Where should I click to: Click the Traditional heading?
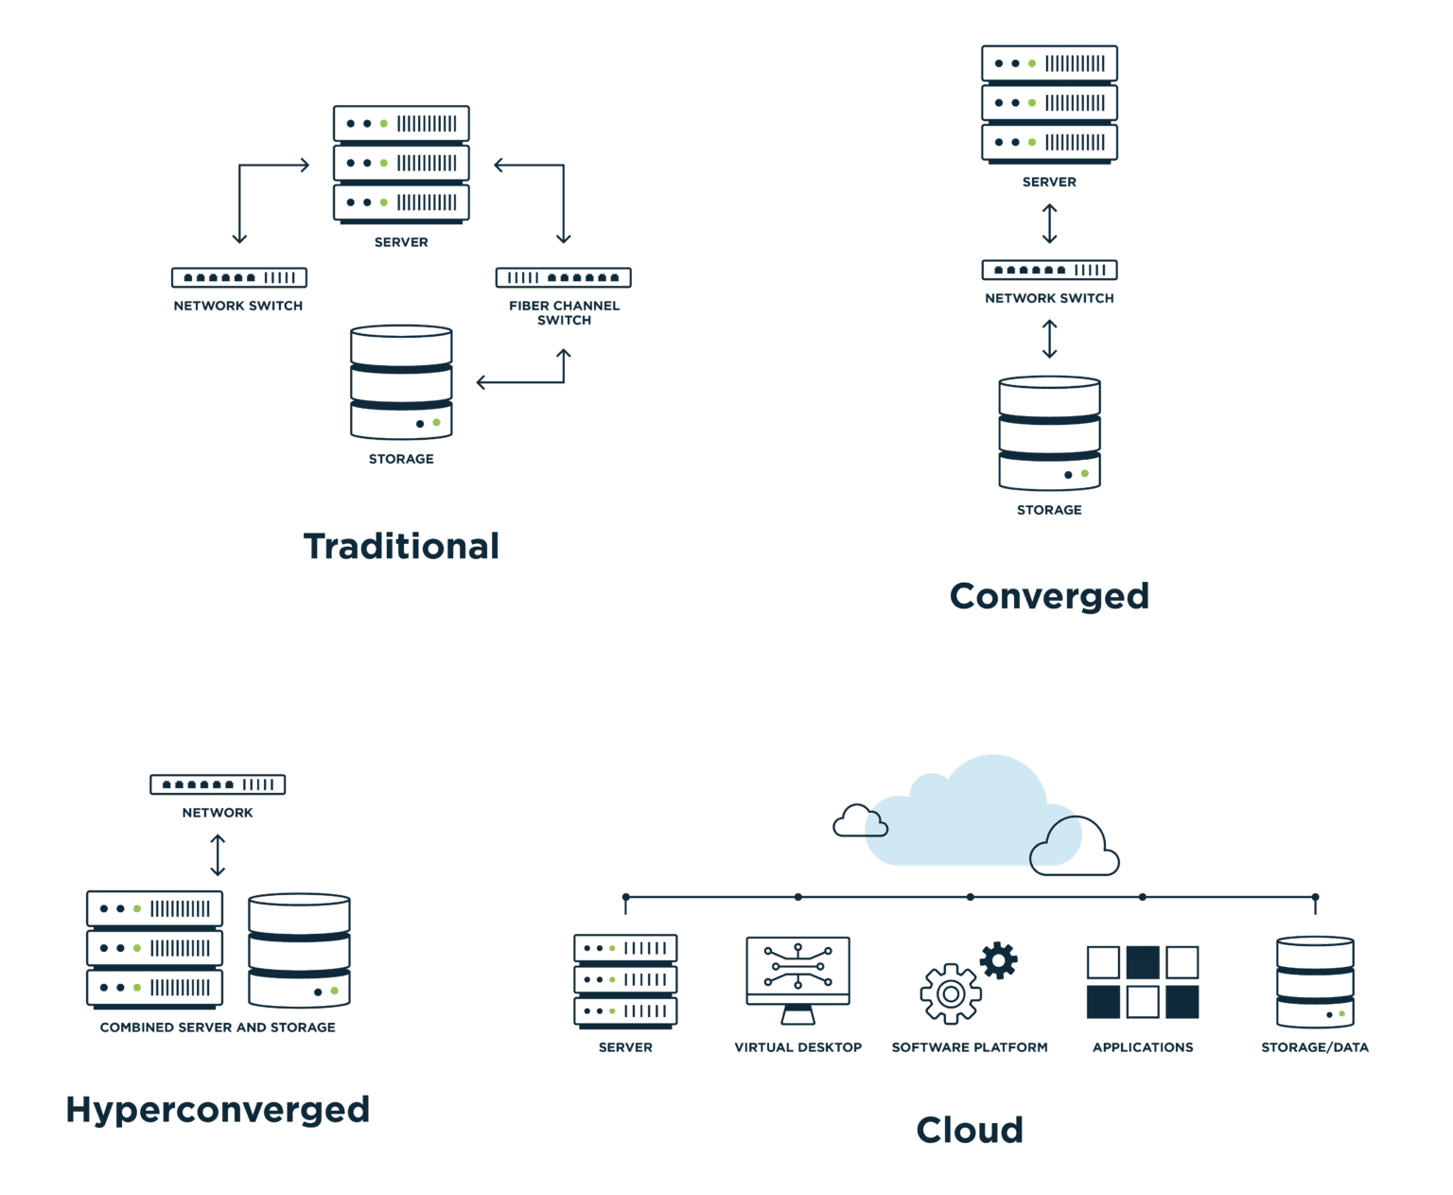tap(401, 547)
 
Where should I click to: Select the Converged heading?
tap(1048, 596)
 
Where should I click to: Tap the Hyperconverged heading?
tap(218, 1109)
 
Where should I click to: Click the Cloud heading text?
tap(970, 1130)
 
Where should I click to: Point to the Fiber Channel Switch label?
tap(564, 312)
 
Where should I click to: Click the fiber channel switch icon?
tap(564, 277)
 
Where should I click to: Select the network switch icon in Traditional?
tap(239, 277)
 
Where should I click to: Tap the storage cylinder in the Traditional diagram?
tap(401, 383)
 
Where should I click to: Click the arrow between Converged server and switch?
tap(1049, 223)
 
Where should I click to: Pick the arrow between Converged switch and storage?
tap(1049, 339)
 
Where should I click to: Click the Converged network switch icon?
tap(1049, 270)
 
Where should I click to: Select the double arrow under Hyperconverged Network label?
tap(218, 854)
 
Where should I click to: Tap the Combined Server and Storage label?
tap(218, 1028)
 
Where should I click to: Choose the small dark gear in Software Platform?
tap(999, 959)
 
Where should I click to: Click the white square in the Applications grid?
tap(1103, 962)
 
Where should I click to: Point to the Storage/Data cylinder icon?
tap(1315, 982)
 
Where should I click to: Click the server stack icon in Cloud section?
tap(625, 980)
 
